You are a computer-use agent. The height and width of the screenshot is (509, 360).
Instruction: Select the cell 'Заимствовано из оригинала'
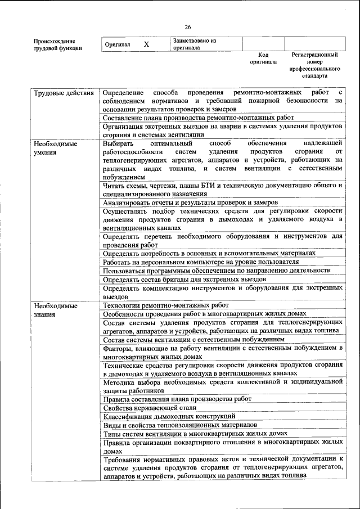click(195, 44)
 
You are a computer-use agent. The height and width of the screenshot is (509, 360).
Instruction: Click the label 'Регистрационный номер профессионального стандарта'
click(314, 65)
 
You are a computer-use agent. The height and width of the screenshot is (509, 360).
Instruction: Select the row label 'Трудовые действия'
click(64, 92)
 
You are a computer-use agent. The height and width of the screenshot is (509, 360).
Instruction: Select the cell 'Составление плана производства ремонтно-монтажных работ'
click(199, 118)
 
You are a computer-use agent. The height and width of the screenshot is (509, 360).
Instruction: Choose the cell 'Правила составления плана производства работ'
click(177, 399)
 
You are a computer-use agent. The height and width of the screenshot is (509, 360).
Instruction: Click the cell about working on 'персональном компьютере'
click(200, 262)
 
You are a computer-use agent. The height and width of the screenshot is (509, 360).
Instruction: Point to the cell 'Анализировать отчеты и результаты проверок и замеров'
click(191, 202)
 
